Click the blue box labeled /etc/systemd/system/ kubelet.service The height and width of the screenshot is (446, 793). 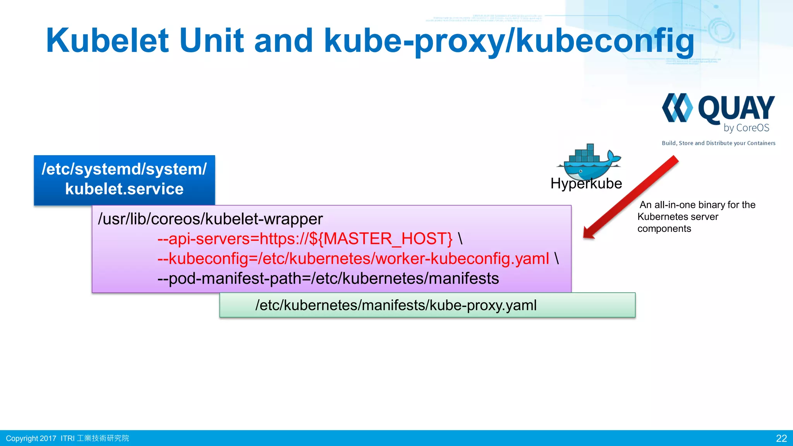pyautogui.click(x=124, y=180)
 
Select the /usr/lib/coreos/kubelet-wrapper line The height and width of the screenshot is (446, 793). pyautogui.click(x=210, y=219)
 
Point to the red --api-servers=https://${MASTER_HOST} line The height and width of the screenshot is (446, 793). pyautogui.click(x=305, y=239)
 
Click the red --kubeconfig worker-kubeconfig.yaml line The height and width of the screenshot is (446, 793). pyautogui.click(x=353, y=259)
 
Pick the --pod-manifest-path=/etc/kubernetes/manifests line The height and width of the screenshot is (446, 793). pyautogui.click(x=328, y=279)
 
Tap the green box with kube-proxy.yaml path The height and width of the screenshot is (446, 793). pyautogui.click(x=427, y=305)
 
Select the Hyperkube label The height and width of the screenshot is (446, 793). pyautogui.click(x=586, y=184)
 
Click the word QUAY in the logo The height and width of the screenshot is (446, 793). pyautogui.click(x=736, y=109)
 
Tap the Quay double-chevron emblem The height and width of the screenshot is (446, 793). pyautogui.click(x=677, y=108)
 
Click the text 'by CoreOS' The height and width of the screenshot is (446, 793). pyautogui.click(x=746, y=128)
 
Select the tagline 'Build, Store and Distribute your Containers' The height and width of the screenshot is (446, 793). pyautogui.click(x=718, y=143)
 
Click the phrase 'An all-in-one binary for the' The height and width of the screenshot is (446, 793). pyautogui.click(x=697, y=205)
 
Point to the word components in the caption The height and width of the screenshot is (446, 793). pyautogui.click(x=664, y=229)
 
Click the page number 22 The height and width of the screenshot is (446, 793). pyautogui.click(x=781, y=438)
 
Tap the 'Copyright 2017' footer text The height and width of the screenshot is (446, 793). pyautogui.click(x=31, y=438)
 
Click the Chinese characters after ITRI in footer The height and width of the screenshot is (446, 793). pyautogui.click(x=103, y=438)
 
